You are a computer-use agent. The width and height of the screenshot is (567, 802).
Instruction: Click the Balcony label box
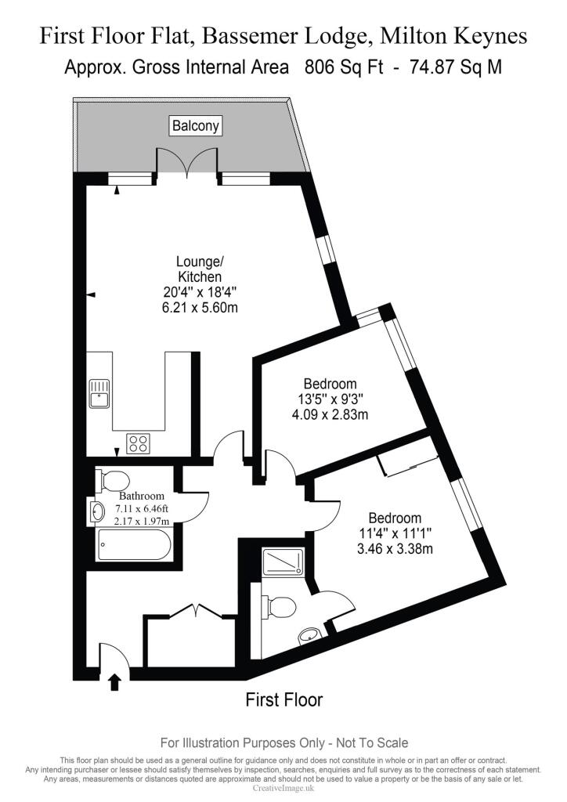click(x=196, y=125)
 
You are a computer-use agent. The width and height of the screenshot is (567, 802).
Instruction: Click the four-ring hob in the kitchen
click(x=139, y=443)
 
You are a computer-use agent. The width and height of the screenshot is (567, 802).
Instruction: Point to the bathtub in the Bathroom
click(x=133, y=544)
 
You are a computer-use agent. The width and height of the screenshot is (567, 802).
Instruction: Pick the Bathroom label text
click(x=142, y=497)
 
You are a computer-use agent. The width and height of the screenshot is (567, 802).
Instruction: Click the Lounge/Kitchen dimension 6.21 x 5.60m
click(x=200, y=308)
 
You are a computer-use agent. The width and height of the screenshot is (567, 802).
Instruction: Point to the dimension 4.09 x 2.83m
click(x=330, y=414)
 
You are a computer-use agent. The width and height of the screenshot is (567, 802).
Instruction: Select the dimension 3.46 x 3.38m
click(x=395, y=548)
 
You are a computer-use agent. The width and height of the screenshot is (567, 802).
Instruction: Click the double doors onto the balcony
click(x=186, y=163)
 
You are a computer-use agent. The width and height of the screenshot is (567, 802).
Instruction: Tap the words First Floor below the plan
click(x=283, y=699)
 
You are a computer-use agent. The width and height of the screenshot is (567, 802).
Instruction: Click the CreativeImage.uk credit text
click(x=283, y=788)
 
